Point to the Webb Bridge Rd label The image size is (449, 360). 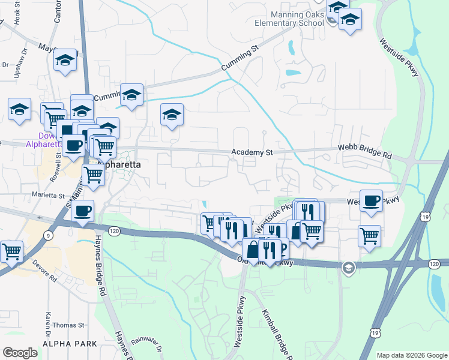tap(364, 151)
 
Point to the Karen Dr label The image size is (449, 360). tap(47, 324)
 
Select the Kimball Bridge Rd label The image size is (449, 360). tap(276, 334)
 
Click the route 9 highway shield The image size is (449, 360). tap(47, 236)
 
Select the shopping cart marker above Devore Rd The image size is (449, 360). tap(11, 251)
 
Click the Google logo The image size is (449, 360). tap(20, 353)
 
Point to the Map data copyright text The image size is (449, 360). tap(411, 355)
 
